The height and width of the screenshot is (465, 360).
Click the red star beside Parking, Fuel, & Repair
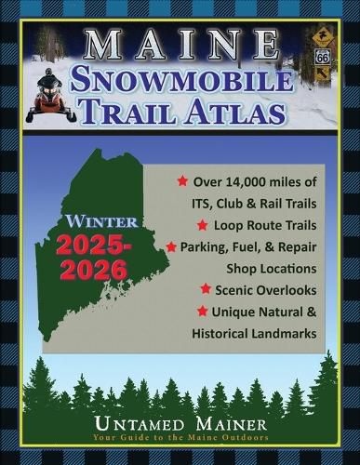pyautogui.click(x=171, y=247)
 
